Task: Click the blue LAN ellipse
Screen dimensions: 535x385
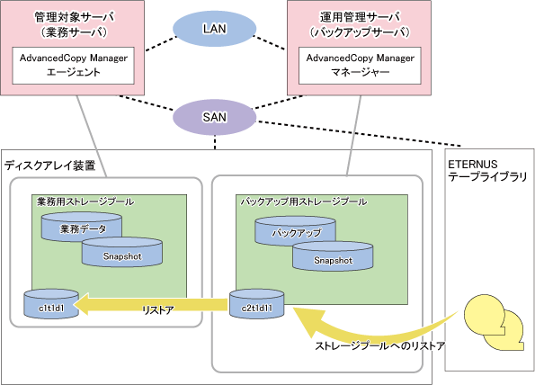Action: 214,29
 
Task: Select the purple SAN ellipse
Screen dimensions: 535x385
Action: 214,117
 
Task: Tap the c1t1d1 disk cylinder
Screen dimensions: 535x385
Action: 51,304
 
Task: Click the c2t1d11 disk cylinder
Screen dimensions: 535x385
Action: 256,304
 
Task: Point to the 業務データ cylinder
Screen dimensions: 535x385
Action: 82,227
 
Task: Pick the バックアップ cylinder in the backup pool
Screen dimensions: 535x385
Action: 296,230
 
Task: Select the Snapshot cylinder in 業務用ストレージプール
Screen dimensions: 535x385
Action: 121,253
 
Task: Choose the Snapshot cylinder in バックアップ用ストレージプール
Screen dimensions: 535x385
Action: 333,256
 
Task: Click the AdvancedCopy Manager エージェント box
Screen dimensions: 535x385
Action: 74,66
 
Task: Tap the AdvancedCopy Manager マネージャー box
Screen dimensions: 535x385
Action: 360,66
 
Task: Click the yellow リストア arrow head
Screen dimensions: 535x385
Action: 82,304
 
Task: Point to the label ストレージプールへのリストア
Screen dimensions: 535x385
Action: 379,345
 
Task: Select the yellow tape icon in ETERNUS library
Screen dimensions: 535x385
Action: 493,323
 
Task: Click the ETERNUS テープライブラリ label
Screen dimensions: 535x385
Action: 487,170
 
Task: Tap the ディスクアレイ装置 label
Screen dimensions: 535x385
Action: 49,166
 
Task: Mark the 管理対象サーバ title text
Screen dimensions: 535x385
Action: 75,17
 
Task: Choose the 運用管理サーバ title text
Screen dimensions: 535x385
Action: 360,17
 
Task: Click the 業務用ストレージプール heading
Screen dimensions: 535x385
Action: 85,201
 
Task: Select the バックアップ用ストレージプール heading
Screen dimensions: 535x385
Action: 304,201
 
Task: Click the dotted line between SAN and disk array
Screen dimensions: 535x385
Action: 215,142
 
